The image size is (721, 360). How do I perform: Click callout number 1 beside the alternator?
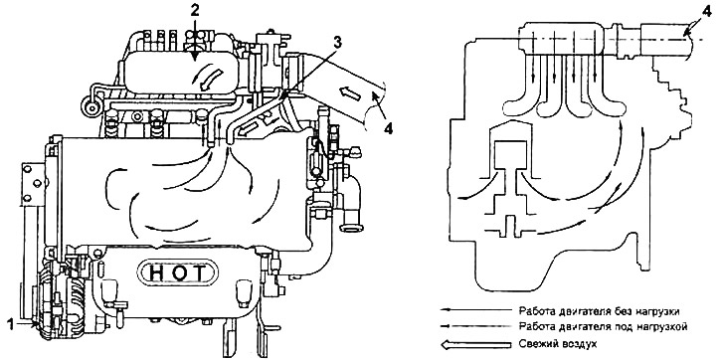coord(12,325)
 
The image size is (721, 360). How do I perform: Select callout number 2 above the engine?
coord(195,10)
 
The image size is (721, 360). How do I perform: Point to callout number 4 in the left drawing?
coord(389,129)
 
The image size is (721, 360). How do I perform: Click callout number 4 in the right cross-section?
coord(708,10)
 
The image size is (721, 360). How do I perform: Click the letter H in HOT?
coord(157,274)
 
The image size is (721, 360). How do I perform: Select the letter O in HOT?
coord(178,274)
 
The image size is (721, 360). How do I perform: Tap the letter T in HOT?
coord(199,274)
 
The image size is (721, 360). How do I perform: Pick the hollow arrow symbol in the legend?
coord(476,343)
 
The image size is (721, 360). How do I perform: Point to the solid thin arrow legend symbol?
coord(476,311)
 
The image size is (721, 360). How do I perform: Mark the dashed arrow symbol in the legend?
coord(476,326)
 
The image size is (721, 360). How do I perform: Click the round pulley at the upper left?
coord(91,107)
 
